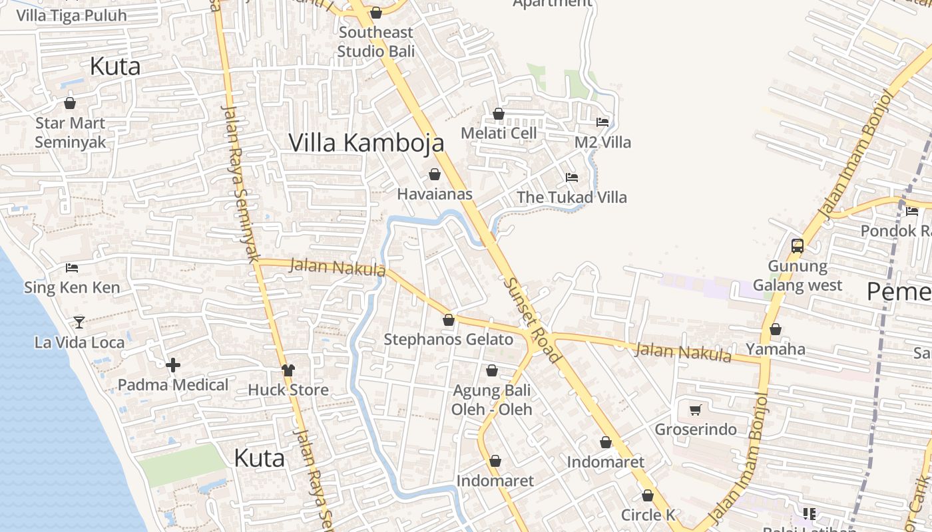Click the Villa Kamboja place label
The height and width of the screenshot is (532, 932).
pos(366,142)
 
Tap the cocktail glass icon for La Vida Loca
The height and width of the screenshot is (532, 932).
pos(79,323)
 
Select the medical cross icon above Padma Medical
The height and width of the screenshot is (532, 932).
pos(173,365)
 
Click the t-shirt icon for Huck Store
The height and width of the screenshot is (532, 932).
pos(288,370)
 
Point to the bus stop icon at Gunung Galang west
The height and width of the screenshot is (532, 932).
pos(797,246)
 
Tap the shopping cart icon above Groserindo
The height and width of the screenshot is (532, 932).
pos(696,410)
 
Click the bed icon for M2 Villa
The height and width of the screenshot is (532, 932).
pos(602,122)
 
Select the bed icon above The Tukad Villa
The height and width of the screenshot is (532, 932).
pos(572,178)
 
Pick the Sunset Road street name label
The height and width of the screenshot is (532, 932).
pos(532,320)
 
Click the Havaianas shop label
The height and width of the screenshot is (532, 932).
pos(435,194)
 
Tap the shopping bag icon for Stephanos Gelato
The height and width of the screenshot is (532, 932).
pos(449,321)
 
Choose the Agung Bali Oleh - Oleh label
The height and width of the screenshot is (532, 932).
pos(492,399)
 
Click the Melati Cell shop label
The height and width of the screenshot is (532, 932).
pos(499,133)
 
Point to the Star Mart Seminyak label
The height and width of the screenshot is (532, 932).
pos(70,132)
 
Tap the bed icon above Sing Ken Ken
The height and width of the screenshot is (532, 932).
pos(72,268)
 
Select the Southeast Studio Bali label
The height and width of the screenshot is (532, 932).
pos(375,41)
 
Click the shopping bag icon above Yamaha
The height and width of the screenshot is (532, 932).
pos(776,330)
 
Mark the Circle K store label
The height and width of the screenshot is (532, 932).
pos(648,515)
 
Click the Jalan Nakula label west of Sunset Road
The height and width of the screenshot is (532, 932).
pos(338,267)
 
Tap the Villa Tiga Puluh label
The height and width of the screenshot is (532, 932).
pos(71,15)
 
